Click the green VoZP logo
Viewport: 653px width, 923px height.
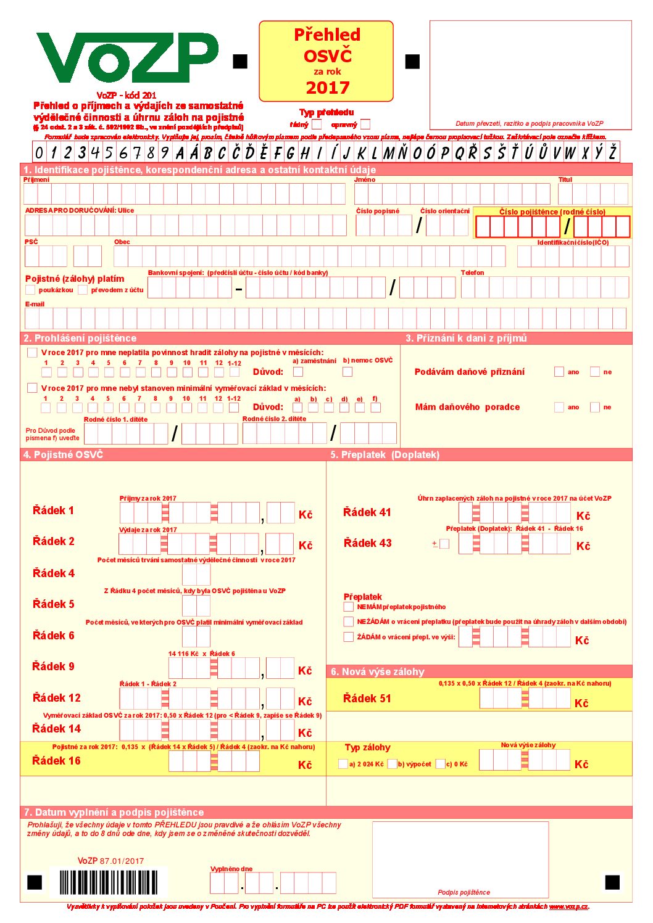pos(127,59)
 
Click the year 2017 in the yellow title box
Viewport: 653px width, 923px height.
pos(327,88)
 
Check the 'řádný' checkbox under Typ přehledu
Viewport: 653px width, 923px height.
pos(317,124)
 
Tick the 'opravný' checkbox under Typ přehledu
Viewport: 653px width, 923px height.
pos(365,124)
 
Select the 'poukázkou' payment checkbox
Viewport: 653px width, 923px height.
pos(30,290)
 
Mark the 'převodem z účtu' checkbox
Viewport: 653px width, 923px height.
pos(83,290)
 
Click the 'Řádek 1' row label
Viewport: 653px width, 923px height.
pos(53,511)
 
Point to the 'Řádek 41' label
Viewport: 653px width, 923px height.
pos(367,512)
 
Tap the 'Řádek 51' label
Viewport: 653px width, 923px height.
pos(367,699)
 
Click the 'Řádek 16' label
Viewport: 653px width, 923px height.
pos(56,761)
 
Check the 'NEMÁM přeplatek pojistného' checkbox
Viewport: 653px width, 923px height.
pos(349,607)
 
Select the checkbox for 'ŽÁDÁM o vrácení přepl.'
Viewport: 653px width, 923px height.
pos(349,637)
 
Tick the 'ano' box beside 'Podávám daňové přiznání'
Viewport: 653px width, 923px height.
pos(559,372)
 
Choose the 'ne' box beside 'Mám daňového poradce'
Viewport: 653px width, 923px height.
pos(595,407)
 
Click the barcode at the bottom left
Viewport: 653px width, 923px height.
pos(109,882)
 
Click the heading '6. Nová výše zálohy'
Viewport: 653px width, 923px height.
pos(378,671)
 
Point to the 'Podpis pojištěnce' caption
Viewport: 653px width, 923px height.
pos(464,892)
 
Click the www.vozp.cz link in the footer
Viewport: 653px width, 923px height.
pos(568,906)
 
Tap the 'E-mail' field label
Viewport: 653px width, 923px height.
pos(35,304)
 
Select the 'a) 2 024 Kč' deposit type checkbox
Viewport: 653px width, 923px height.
pos(343,764)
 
